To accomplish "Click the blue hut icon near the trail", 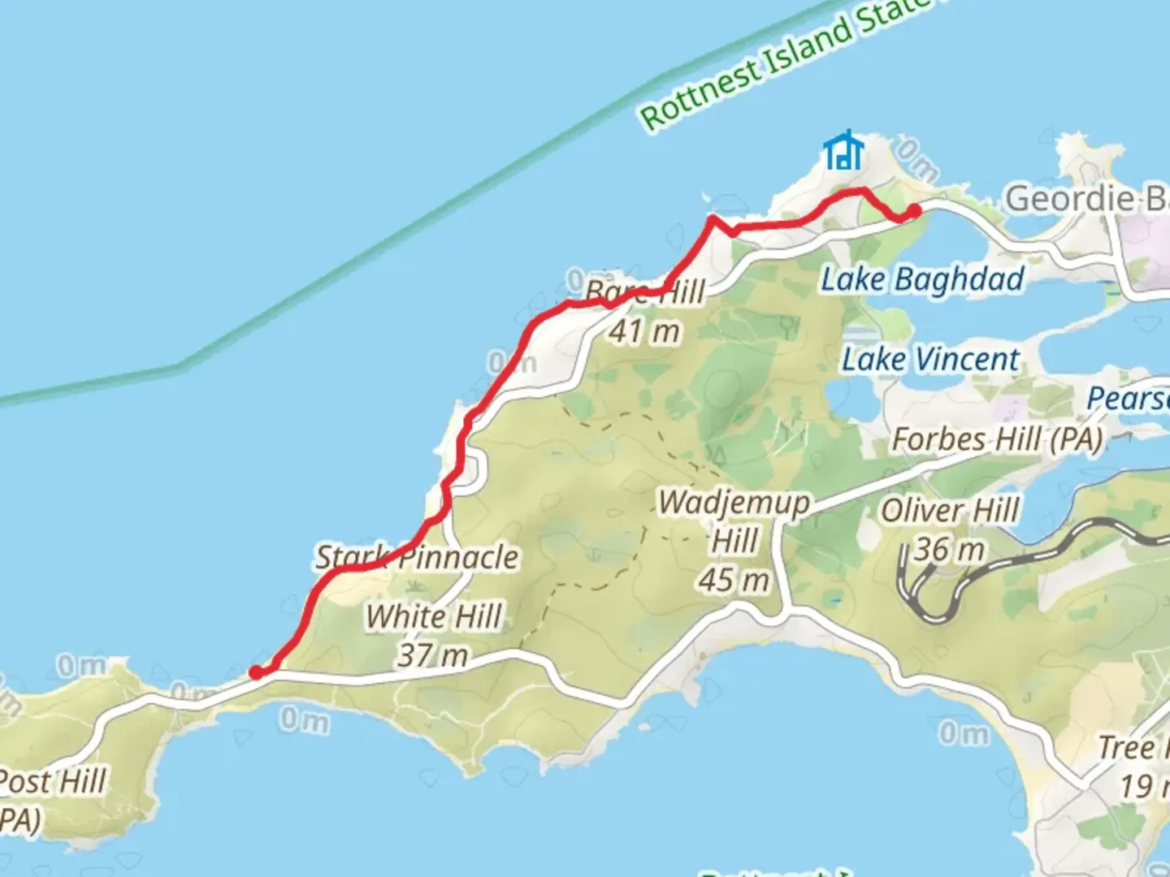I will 843,151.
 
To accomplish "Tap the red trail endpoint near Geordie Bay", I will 913,211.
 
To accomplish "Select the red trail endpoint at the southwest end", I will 256,672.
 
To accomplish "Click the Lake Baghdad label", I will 922,279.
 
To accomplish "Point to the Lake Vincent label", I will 930,359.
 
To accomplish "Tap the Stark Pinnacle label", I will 417,557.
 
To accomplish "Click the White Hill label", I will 434,616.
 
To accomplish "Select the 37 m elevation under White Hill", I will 432,655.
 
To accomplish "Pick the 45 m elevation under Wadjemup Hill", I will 734,580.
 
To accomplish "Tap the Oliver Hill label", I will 950,511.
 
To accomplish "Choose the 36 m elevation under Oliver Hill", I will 949,550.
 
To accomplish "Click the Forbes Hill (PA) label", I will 997,439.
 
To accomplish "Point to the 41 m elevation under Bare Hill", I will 644,330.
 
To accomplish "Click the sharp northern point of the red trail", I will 713,218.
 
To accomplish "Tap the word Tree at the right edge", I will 1126,747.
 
